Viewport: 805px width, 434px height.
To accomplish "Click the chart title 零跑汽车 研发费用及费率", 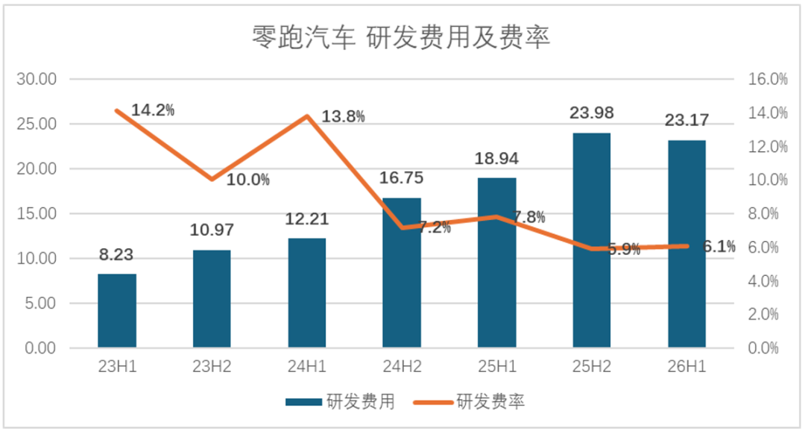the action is [401, 37].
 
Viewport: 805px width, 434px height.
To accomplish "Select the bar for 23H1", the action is [117, 311].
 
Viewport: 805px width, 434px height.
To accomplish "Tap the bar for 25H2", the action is [592, 240].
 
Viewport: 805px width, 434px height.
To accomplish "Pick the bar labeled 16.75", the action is [402, 273].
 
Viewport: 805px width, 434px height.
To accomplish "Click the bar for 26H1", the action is [687, 244].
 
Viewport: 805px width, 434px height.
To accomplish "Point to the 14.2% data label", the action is [153, 110].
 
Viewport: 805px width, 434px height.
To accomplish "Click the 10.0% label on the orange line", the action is [248, 180].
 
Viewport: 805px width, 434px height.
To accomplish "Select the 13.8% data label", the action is [343, 116].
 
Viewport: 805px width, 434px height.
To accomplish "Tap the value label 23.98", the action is [591, 113].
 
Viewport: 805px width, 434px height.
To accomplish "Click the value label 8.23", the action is [116, 255].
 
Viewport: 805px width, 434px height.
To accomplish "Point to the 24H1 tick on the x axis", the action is [307, 367].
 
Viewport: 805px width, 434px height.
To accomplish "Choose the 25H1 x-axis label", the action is [497, 367].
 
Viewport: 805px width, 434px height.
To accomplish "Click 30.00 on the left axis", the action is [37, 79].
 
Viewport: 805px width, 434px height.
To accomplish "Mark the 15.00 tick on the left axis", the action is [37, 214].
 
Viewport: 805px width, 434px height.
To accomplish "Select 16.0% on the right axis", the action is [768, 79].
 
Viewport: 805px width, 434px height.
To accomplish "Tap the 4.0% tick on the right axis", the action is [763, 281].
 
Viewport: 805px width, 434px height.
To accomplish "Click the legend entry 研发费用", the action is [341, 402].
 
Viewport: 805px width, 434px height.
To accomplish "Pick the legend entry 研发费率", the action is [470, 402].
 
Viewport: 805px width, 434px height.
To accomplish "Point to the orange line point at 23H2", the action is [212, 179].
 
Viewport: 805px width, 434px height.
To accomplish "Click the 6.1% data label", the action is [719, 247].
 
